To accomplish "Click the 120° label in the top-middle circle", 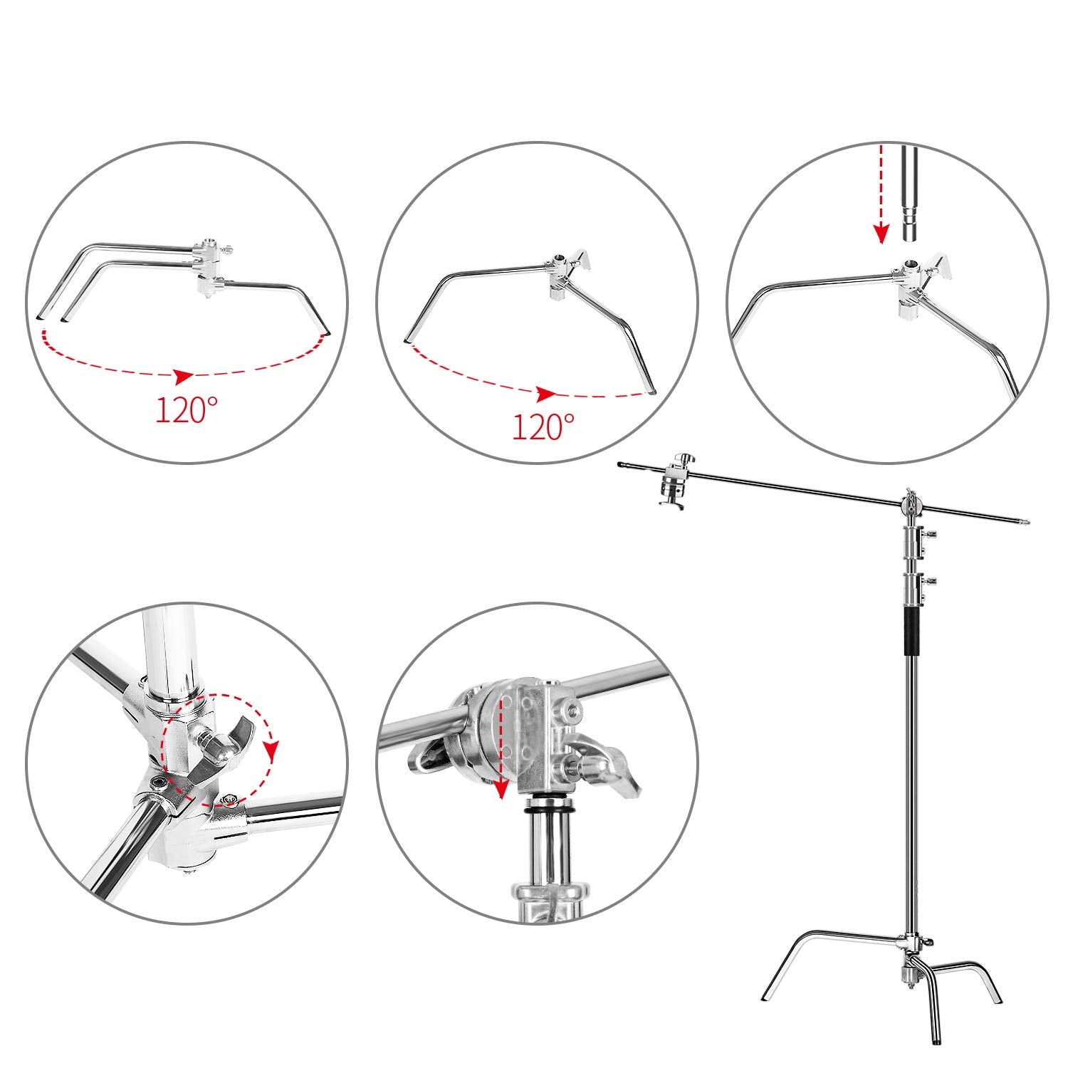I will point(543,426).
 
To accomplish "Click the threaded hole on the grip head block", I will point(572,712).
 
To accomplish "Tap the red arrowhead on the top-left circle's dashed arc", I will point(184,375).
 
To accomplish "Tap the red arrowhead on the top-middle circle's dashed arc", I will point(546,394).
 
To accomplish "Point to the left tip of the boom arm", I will point(622,464).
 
